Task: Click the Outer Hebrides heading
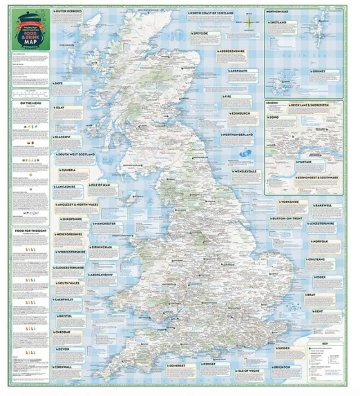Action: pos(68,10)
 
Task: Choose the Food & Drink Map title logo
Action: pos(31,30)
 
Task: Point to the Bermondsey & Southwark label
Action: pos(317,178)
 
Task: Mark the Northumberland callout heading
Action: pos(240,135)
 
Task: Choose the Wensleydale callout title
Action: pos(247,172)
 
